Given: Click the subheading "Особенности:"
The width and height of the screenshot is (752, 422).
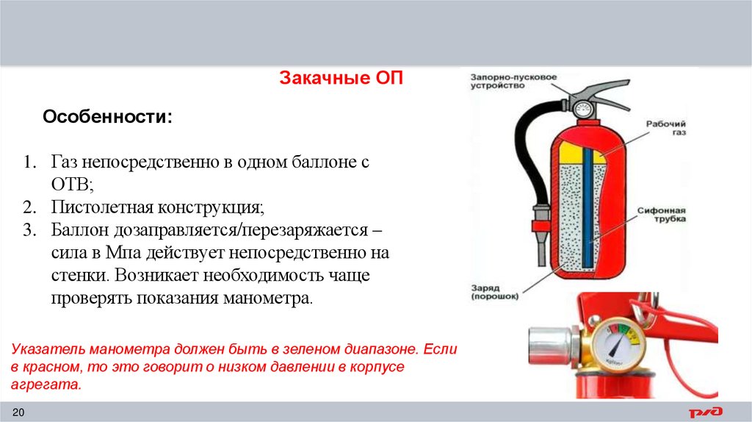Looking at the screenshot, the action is pos(108,117).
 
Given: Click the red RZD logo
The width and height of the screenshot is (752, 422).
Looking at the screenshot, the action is pos(706,412).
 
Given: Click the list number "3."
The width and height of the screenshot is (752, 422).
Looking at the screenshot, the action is pos(29,229).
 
